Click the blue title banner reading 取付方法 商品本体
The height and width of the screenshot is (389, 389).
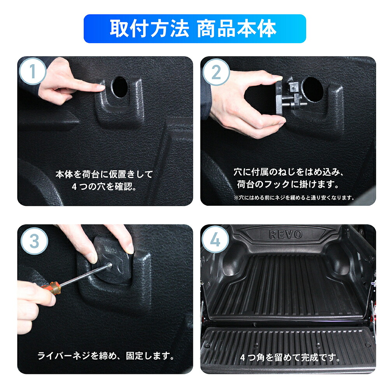click(x=194, y=29)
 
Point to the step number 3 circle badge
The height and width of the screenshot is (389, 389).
click(x=33, y=240)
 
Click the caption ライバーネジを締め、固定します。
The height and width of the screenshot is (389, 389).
click(x=105, y=356)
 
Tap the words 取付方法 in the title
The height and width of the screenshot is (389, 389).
click(x=149, y=29)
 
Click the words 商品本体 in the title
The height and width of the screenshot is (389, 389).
click(x=237, y=29)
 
